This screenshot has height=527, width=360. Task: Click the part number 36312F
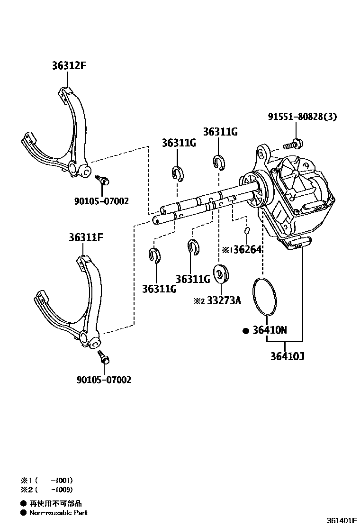click(x=69, y=66)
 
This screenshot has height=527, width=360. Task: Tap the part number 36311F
click(x=85, y=237)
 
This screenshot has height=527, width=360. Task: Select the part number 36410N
click(x=270, y=331)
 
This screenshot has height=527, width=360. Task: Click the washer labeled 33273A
click(x=221, y=274)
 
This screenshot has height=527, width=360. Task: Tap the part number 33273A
click(x=223, y=300)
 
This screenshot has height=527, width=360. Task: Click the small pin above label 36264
click(x=247, y=231)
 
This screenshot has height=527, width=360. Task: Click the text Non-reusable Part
click(x=58, y=512)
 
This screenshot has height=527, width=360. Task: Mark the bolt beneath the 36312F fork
click(x=102, y=180)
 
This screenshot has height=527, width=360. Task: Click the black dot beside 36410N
click(x=245, y=331)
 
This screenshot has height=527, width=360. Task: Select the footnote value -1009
click(x=63, y=490)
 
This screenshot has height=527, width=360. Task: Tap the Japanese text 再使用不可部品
click(x=55, y=503)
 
